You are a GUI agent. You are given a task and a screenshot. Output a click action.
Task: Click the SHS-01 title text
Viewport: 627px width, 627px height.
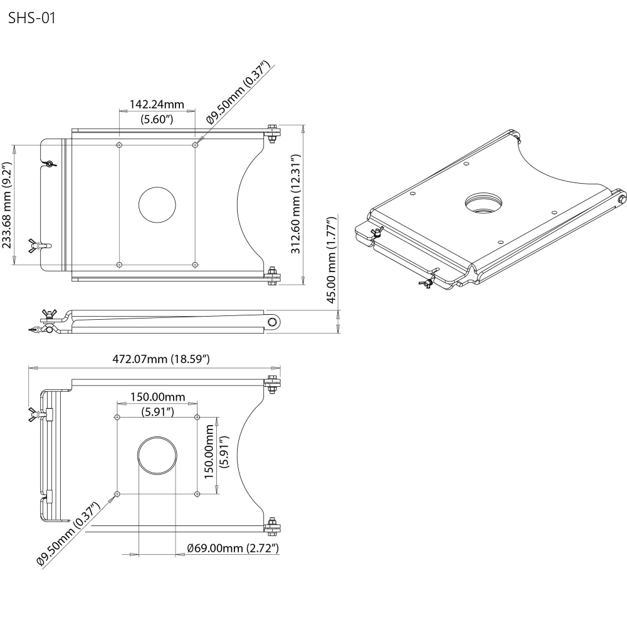pos(32,18)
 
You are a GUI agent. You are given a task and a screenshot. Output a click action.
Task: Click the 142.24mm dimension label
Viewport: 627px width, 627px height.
pos(157,104)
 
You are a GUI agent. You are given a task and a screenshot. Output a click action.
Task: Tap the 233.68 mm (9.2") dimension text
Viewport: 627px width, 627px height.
pos(7,205)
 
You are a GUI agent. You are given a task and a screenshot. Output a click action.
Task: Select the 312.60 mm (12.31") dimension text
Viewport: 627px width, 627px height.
pos(295,204)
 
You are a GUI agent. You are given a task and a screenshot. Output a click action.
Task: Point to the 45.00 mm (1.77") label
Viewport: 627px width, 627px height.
pos(331,260)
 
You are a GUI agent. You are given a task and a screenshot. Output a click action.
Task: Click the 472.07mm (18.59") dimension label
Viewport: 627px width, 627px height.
pos(161,359)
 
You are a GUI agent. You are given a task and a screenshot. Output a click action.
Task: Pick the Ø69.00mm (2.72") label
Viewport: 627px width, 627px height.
pos(233,548)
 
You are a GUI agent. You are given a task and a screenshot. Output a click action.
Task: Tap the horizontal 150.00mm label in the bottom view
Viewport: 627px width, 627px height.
pos(157,397)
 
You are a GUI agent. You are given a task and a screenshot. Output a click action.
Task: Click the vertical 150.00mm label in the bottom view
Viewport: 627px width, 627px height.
pos(209,452)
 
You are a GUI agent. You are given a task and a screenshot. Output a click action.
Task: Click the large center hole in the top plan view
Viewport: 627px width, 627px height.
pos(157,205)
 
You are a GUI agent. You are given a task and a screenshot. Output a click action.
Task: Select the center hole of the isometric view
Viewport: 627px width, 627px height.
pos(483,202)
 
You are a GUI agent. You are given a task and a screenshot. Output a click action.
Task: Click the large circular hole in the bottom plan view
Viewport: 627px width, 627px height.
pos(157,455)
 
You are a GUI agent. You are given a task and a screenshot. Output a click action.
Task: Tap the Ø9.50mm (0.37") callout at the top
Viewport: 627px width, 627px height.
pos(238,92)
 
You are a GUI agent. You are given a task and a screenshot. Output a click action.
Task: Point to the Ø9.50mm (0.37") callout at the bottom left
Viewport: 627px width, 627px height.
pos(68,534)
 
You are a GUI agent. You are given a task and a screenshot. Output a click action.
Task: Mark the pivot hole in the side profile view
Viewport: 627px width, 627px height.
pos(273,322)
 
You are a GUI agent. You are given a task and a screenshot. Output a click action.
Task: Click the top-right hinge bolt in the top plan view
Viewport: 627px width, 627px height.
pos(273,133)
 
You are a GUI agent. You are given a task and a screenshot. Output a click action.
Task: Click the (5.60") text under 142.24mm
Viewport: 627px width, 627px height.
pos(157,119)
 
